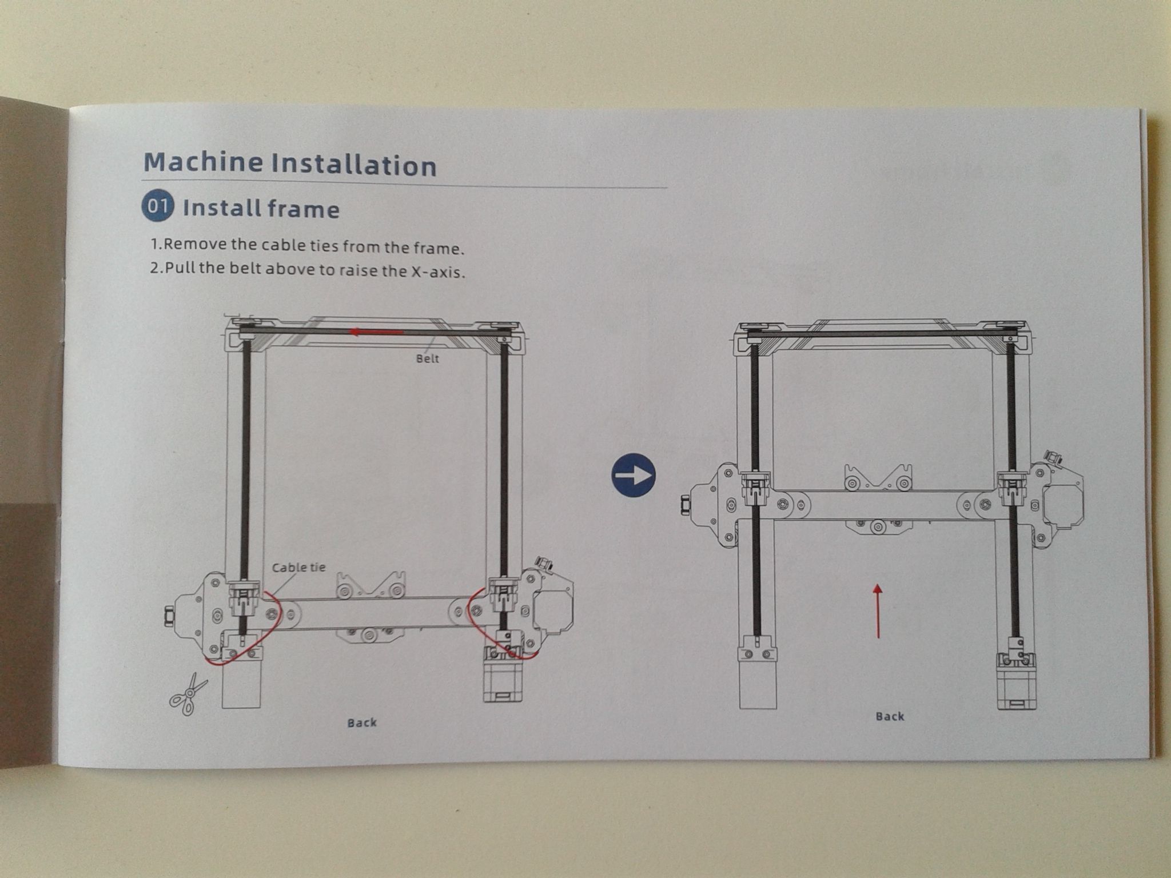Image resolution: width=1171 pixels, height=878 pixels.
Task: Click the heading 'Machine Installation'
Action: [290, 163]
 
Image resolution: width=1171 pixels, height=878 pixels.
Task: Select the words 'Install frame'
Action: [261, 209]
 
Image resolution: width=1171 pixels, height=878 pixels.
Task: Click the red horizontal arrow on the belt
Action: [377, 332]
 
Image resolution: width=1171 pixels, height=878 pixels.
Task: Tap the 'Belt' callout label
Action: [428, 358]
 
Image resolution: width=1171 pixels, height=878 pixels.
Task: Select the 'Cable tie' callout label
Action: [298, 568]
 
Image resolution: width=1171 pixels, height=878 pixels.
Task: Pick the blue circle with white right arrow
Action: [633, 476]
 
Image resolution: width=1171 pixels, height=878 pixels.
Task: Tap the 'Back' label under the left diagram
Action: [362, 723]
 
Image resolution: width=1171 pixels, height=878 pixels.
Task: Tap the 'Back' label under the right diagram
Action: [890, 716]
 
